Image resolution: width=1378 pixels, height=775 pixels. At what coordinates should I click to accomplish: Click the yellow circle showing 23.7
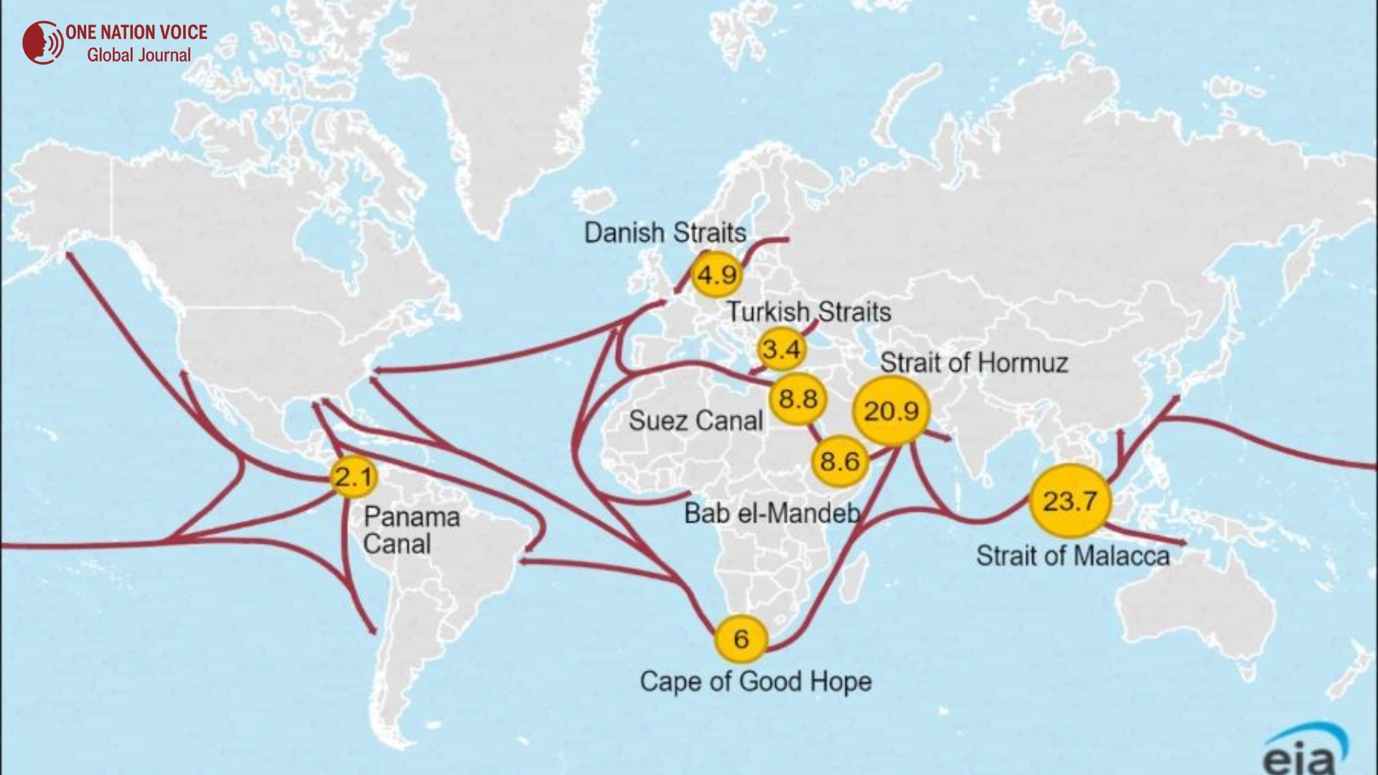[1069, 501]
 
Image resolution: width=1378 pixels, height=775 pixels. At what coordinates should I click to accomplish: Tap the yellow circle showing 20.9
[891, 411]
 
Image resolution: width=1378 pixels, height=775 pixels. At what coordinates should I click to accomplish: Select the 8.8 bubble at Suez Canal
[798, 399]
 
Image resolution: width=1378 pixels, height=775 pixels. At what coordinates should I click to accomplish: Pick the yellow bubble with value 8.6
[840, 461]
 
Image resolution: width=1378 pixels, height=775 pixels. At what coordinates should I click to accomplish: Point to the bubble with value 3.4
[782, 349]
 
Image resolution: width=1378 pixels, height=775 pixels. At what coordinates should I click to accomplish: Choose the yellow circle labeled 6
[741, 639]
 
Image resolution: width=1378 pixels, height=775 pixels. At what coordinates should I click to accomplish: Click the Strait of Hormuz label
[974, 363]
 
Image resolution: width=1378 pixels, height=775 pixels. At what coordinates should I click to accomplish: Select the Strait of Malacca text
[1072, 556]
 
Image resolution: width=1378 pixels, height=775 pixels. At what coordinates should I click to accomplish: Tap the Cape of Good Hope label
[756, 681]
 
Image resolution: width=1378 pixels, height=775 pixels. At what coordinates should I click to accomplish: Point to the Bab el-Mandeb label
[772, 513]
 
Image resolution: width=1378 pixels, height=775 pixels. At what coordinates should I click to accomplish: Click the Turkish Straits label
[809, 311]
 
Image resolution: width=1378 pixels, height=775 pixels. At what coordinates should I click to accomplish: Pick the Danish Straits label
[665, 232]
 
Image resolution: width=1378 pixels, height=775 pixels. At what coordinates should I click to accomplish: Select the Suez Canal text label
[695, 421]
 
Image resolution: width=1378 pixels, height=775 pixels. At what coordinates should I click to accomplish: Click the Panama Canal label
[411, 530]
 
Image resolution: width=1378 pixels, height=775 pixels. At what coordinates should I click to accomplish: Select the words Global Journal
[139, 55]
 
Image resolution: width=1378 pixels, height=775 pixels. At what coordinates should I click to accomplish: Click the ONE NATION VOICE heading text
[136, 32]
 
